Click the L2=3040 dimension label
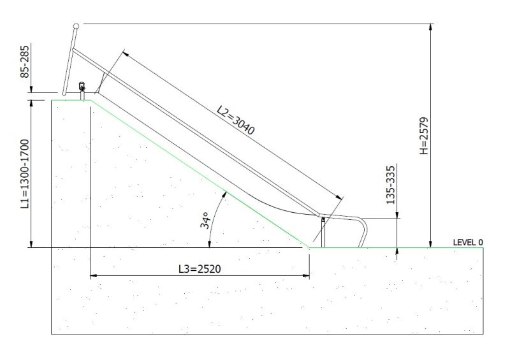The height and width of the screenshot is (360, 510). coord(235,120)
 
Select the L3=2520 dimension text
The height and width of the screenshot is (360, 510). coord(199,269)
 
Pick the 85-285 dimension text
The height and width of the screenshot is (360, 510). coord(25,61)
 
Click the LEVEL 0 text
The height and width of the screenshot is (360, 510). coord(467,242)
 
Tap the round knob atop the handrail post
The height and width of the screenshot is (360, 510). coord(76,26)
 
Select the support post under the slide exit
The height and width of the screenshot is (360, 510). coord(323,232)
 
